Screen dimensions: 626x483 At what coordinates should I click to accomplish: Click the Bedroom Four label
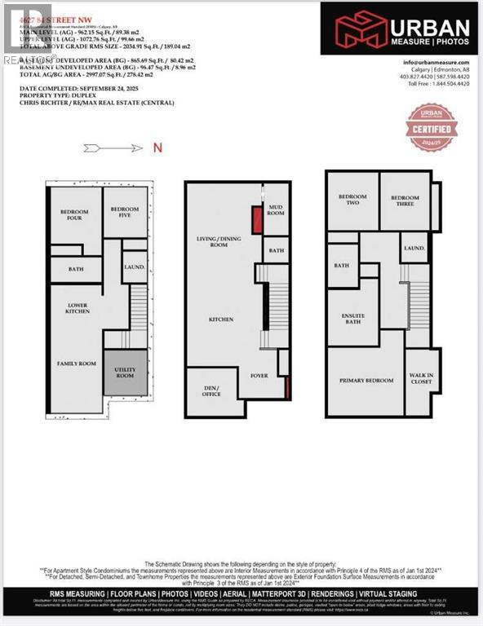pos(74,215)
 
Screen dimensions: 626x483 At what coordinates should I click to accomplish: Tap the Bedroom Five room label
pos(125,211)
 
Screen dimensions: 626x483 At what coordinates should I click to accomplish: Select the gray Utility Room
pos(126,373)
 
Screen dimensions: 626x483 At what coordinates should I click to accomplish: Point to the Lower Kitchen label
pos(78,308)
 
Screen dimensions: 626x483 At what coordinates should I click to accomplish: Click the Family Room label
pos(76,363)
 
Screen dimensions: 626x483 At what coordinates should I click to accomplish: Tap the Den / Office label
pos(211,390)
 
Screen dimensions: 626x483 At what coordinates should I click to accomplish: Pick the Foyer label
pos(259,376)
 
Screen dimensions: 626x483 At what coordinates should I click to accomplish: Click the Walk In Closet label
pos(421,378)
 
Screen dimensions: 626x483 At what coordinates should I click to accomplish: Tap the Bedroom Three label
pos(405,198)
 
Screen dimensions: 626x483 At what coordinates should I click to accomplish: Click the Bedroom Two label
pos(352,199)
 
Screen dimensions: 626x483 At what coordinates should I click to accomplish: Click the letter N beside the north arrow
pos(158,148)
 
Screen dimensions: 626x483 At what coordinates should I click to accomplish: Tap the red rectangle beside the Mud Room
pos(255,219)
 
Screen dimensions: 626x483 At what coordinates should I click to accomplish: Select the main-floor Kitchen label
pos(221,320)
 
